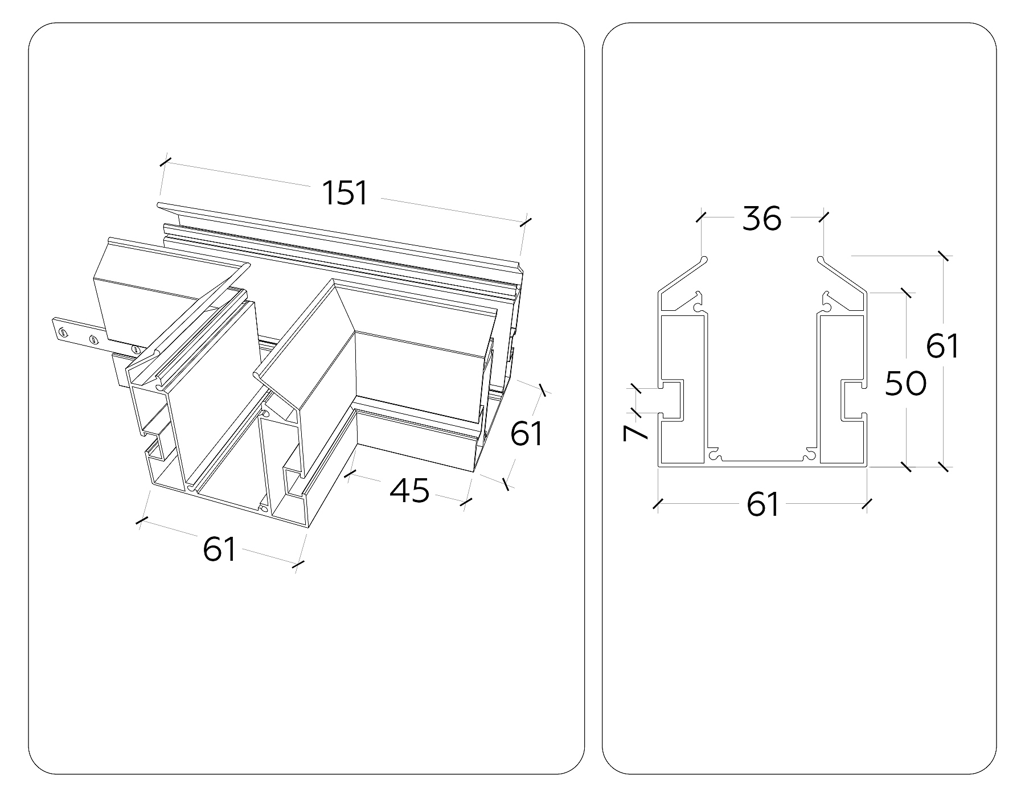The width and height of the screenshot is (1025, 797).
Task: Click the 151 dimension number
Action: coord(346,192)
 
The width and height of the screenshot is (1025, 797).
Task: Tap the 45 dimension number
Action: coord(409,490)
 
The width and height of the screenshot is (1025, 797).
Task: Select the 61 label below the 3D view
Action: coord(219,549)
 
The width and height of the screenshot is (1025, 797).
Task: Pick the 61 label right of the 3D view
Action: coord(527,434)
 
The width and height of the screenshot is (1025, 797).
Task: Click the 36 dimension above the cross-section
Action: coord(762,219)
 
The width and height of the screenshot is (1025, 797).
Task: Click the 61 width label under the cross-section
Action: coord(762,504)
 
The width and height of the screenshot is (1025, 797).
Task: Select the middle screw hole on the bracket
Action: coord(92,340)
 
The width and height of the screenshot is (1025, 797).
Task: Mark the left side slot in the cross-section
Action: coord(672,400)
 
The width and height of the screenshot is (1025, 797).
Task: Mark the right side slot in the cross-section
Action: coord(853,400)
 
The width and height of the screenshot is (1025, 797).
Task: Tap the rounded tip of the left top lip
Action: coord(704,260)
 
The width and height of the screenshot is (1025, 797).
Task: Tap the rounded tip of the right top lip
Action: coord(821,260)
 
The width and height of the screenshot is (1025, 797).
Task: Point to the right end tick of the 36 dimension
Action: coord(823,217)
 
